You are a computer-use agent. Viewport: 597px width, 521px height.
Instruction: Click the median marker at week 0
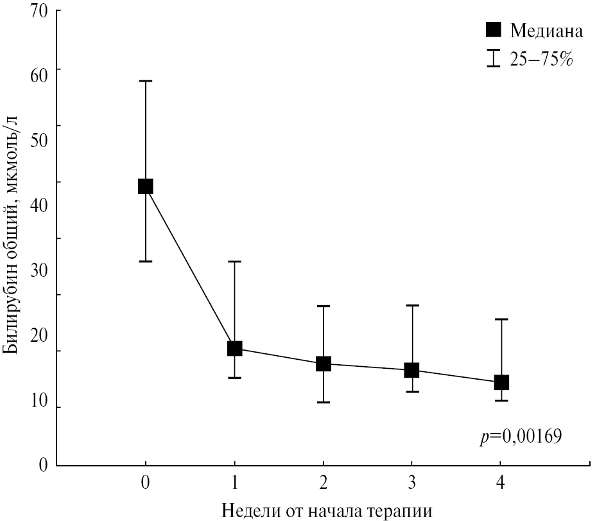coord(146,186)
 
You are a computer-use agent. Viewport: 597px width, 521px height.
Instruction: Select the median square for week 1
coord(234,348)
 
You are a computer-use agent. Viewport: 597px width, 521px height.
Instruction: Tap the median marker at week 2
coord(323,364)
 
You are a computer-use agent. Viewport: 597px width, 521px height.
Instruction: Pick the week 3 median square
coord(411,370)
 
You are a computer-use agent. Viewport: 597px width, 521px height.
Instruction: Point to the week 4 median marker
coord(501,382)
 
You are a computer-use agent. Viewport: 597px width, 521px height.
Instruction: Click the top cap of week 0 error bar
coord(146,81)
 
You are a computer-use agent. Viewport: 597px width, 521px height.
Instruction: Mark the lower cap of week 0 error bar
coord(146,261)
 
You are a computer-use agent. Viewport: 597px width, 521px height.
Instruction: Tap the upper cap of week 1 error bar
coord(234,261)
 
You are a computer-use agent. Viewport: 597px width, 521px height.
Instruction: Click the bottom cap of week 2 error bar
coord(323,402)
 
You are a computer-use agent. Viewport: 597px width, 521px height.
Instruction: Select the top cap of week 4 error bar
coord(501,319)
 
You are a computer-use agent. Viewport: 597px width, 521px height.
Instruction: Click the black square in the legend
coord(493,30)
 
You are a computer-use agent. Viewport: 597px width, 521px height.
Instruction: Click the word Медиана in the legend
coord(546,30)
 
